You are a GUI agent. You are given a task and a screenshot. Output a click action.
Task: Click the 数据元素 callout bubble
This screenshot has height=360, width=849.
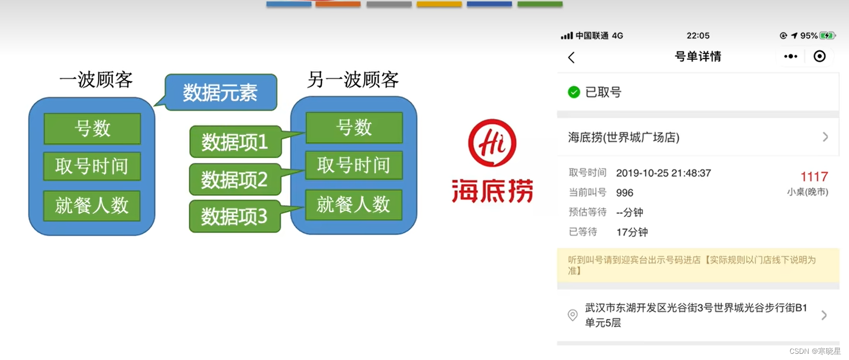(221, 93)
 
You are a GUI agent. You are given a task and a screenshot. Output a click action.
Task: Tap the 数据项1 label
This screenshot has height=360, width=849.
(235, 142)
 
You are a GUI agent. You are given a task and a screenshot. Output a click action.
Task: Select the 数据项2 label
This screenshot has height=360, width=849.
(235, 180)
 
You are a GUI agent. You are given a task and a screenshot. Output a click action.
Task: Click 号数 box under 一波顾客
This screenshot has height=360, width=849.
(92, 128)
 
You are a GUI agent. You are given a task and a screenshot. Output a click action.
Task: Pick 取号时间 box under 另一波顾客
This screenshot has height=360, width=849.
(353, 165)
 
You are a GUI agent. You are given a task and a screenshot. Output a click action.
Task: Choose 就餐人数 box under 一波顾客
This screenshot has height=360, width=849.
(91, 206)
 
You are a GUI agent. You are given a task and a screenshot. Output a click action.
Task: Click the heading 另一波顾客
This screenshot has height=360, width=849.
(353, 80)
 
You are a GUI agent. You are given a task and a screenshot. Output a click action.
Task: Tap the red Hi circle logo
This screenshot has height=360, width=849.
(492, 143)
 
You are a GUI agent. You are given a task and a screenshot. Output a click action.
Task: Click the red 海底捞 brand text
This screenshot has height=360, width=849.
(492, 191)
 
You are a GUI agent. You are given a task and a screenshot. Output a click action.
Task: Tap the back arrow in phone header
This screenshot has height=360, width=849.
(572, 57)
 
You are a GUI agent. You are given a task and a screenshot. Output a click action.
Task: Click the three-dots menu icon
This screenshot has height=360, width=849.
(791, 56)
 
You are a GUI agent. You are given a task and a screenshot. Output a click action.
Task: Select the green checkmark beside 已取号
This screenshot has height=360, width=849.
(574, 92)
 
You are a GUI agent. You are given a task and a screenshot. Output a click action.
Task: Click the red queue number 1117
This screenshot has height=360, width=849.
(814, 177)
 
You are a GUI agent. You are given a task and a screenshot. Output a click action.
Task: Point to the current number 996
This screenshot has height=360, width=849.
(625, 193)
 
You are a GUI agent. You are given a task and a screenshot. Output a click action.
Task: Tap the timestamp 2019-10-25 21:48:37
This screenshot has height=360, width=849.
(663, 173)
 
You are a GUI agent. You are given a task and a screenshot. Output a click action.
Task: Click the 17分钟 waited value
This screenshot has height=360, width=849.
(632, 232)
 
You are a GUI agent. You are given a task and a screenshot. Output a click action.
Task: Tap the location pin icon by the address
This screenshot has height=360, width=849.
(573, 315)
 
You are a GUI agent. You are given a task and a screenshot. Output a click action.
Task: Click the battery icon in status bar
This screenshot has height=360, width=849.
(827, 36)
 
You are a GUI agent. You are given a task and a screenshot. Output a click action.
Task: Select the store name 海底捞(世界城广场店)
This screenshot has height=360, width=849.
(624, 137)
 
